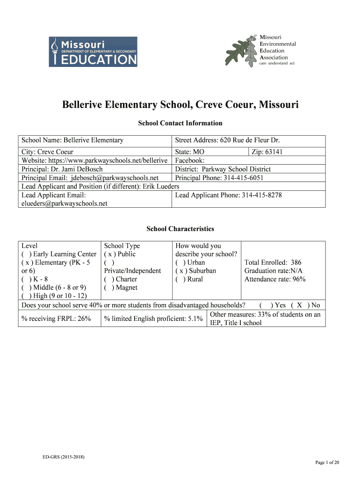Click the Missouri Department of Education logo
pyautogui.click(x=93, y=51)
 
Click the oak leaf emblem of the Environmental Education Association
pyautogui.click(x=241, y=50)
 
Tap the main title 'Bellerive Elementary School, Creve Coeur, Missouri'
pyautogui.click(x=180, y=104)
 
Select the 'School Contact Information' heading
pyautogui.click(x=180, y=123)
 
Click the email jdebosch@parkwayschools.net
pyautogui.click(x=115, y=178)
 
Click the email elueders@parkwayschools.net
pyautogui.click(x=65, y=203)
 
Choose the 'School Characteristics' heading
pyautogui.click(x=180, y=229)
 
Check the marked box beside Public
pyautogui.click(x=109, y=254)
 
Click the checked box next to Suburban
pyautogui.click(x=180, y=271)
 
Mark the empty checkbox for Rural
pyautogui.click(x=180, y=279)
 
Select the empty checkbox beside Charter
pyautogui.click(x=109, y=279)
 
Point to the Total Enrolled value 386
pyautogui.click(x=296, y=262)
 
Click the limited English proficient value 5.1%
pyautogui.click(x=194, y=319)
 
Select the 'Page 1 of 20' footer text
pyautogui.click(x=327, y=463)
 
